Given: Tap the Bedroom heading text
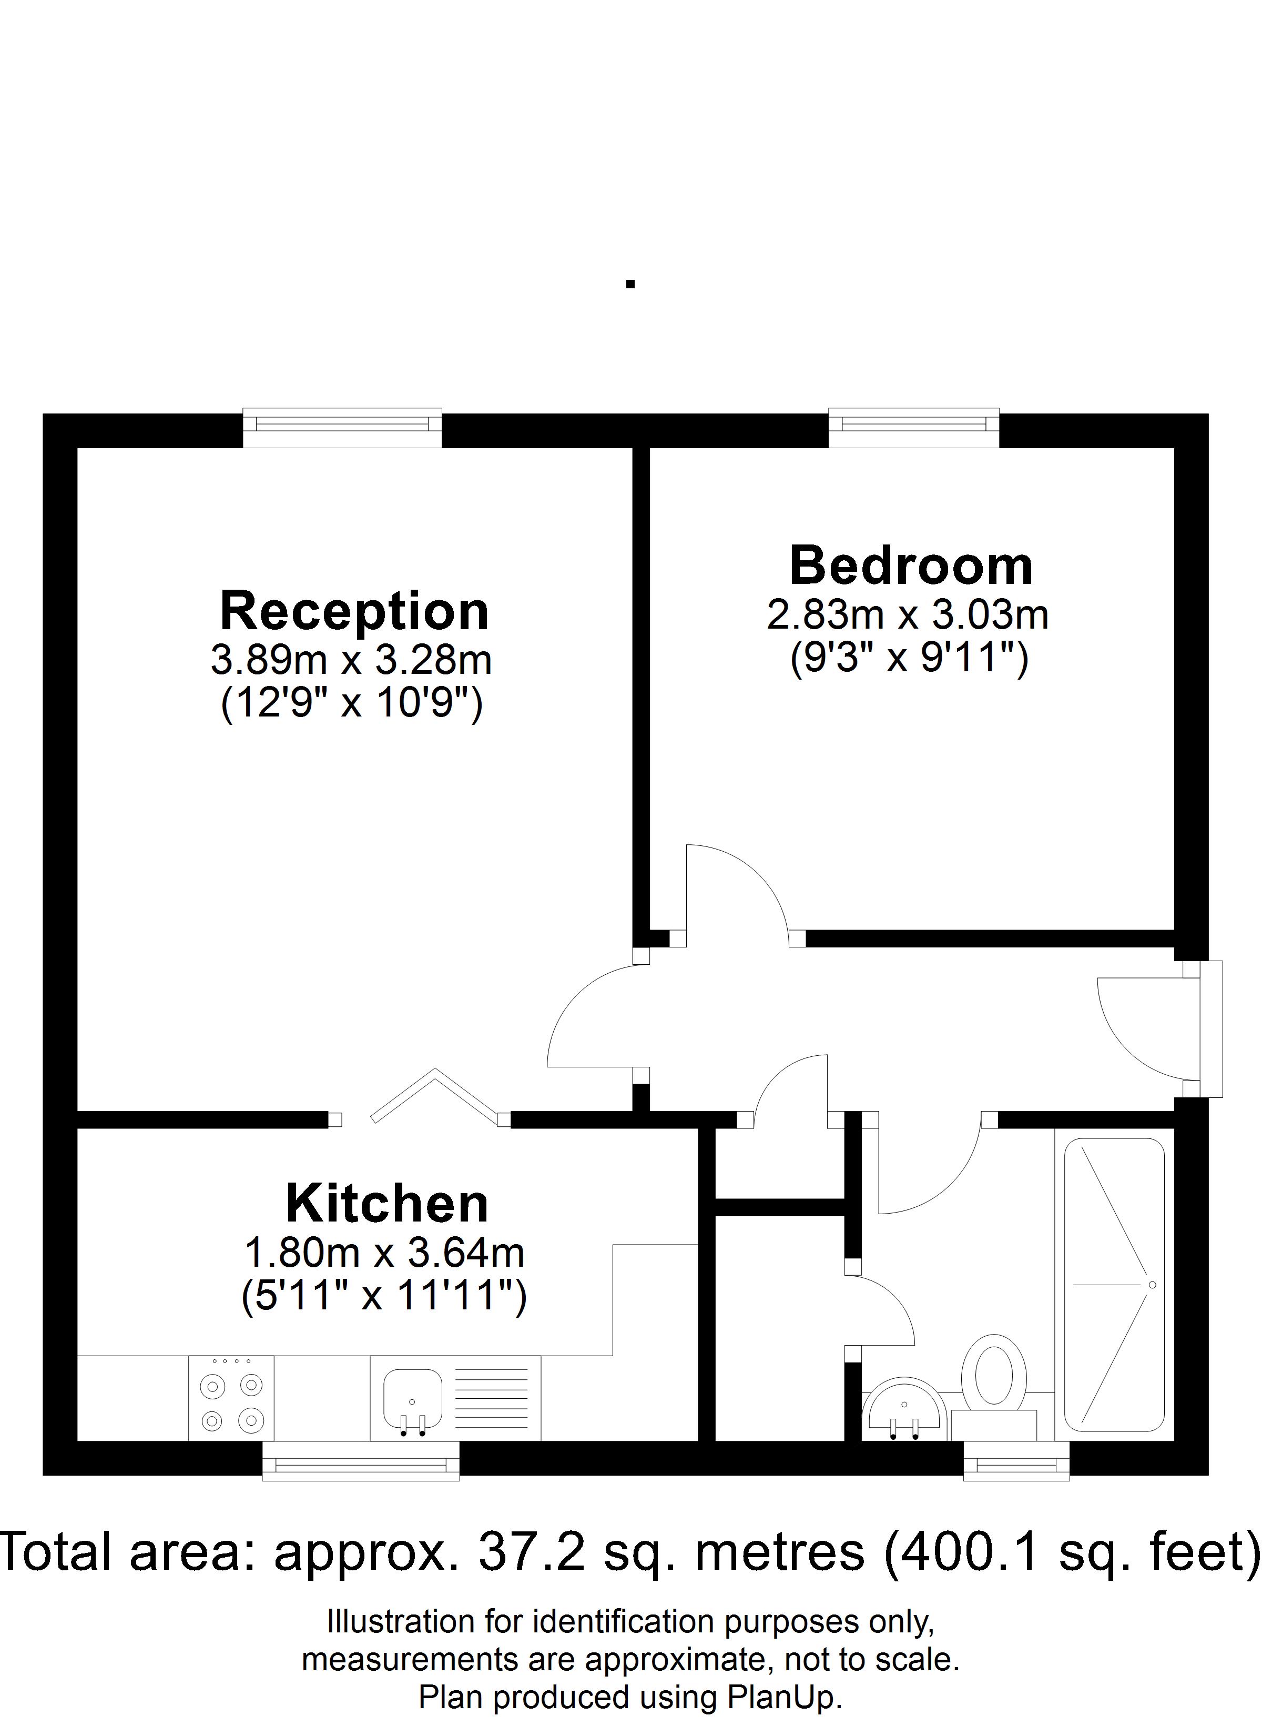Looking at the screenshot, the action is click(911, 567).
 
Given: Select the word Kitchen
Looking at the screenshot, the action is click(387, 1204).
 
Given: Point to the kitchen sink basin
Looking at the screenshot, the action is click(412, 1398).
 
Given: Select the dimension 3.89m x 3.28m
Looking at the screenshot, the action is click(351, 660).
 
